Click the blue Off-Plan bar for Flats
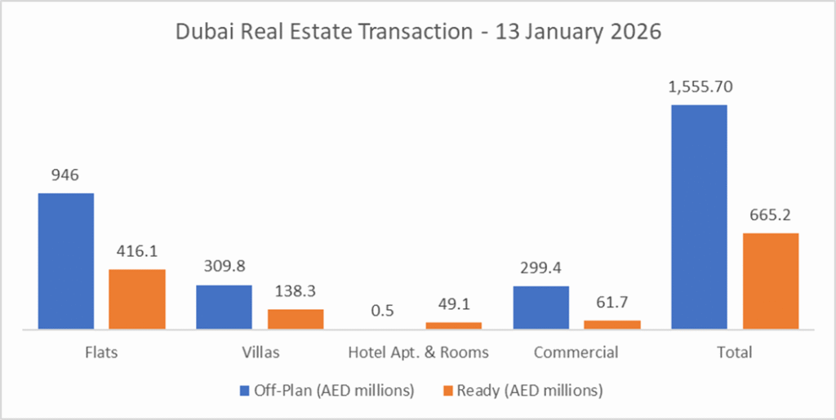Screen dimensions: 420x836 (x=66, y=261)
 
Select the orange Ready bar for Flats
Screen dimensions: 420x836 (x=137, y=299)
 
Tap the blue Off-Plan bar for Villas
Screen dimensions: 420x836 (x=224, y=307)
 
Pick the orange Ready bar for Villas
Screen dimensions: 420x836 (x=296, y=320)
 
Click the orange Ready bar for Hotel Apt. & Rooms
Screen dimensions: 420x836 (x=453, y=325)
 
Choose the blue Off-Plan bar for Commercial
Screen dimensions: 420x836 (x=541, y=308)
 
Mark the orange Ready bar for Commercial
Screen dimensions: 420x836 (x=612, y=325)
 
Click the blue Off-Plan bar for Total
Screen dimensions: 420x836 (x=699, y=217)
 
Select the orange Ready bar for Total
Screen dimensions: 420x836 (x=770, y=281)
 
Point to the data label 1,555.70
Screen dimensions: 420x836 (x=699, y=87)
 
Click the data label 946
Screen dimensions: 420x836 (x=66, y=175)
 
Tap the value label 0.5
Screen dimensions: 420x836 (x=382, y=311)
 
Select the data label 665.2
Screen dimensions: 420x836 (x=770, y=215)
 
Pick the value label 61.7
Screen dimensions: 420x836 (x=612, y=303)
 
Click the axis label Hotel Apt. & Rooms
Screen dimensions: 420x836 (x=418, y=353)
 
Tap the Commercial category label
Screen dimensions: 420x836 (x=576, y=353)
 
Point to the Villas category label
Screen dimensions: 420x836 (x=260, y=353)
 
